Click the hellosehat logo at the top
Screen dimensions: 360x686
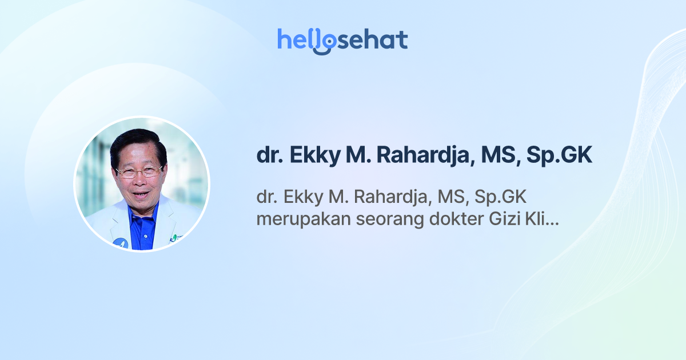click(x=342, y=40)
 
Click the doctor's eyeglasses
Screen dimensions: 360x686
click(x=139, y=171)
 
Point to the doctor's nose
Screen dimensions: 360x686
click(x=138, y=179)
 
